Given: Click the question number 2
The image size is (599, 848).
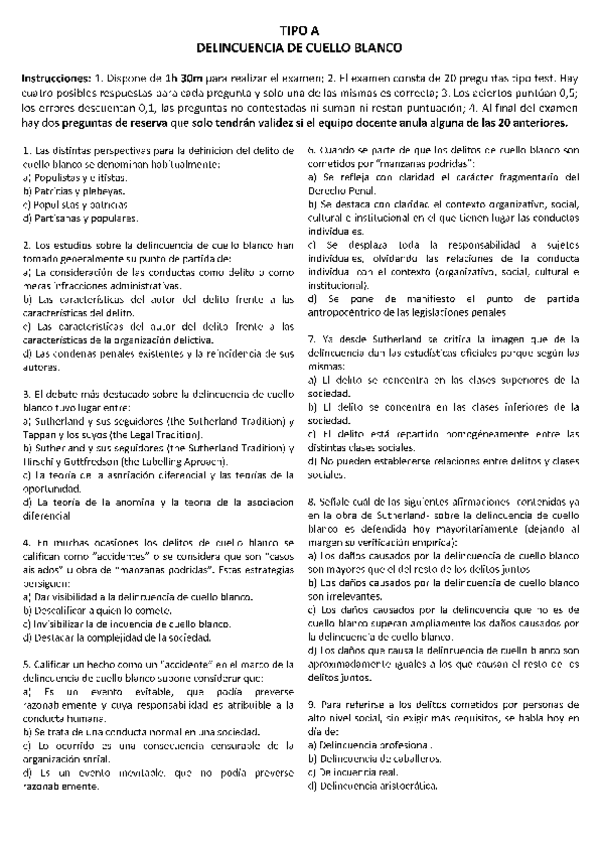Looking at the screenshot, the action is click(x=22, y=246).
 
